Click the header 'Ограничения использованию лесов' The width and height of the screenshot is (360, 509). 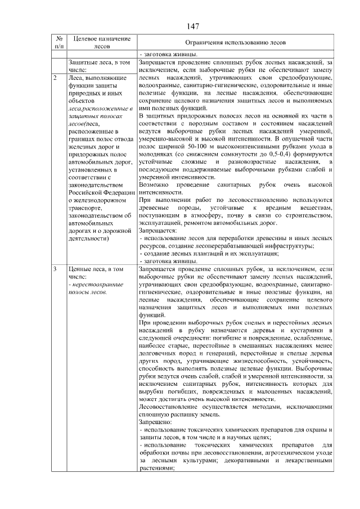(x=235, y=43)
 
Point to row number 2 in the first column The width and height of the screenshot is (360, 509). (x=55, y=77)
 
